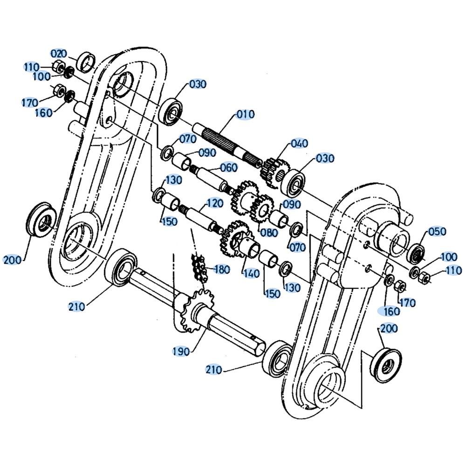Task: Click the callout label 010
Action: tap(246, 115)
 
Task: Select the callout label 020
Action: tap(59, 55)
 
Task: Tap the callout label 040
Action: tap(299, 144)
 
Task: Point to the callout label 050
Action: tap(437, 232)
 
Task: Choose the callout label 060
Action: tap(229, 168)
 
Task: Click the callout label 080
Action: tap(268, 233)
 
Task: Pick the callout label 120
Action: tap(214, 204)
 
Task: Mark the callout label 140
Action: tap(251, 274)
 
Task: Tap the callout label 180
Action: tap(221, 269)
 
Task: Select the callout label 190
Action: tap(181, 352)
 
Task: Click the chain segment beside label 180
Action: tap(199, 267)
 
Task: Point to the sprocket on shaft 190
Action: tap(196, 310)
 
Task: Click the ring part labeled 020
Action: tap(87, 62)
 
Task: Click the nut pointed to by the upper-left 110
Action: tap(57, 66)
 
